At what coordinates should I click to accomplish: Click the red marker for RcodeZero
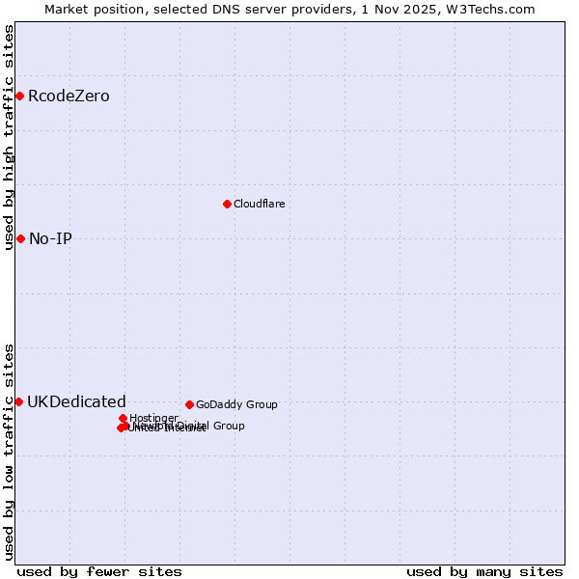(x=19, y=96)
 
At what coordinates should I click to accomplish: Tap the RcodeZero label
(x=69, y=96)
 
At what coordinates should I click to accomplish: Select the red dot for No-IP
(x=20, y=238)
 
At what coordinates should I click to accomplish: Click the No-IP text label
(x=50, y=239)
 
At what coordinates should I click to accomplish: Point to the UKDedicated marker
(x=18, y=401)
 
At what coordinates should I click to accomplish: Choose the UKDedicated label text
(x=76, y=402)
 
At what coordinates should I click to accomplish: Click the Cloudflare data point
(x=227, y=204)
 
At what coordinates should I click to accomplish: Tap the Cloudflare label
(x=259, y=205)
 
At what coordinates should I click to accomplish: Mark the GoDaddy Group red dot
(x=189, y=404)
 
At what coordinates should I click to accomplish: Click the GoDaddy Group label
(x=236, y=405)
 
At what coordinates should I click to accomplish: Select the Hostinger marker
(x=124, y=418)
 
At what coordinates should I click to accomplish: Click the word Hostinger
(x=153, y=419)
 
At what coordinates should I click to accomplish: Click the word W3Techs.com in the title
(x=495, y=9)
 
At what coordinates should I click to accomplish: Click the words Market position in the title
(x=95, y=9)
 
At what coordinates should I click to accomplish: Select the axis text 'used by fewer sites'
(x=99, y=571)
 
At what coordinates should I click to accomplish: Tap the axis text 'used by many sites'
(x=484, y=571)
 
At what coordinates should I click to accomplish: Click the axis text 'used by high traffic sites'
(x=9, y=137)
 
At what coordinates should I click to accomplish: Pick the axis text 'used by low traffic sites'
(x=9, y=452)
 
